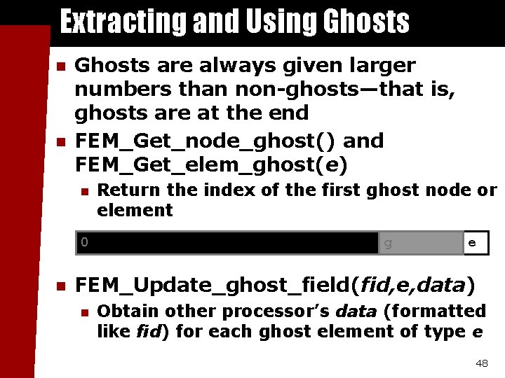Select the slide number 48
pos(481,363)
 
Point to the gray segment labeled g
pos(421,244)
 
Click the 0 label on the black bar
pos(84,242)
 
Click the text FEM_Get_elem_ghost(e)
pos(210,164)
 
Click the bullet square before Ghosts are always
pos(60,67)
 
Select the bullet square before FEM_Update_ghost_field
pos(60,286)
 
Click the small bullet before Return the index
pos(84,190)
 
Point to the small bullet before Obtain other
pos(84,311)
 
